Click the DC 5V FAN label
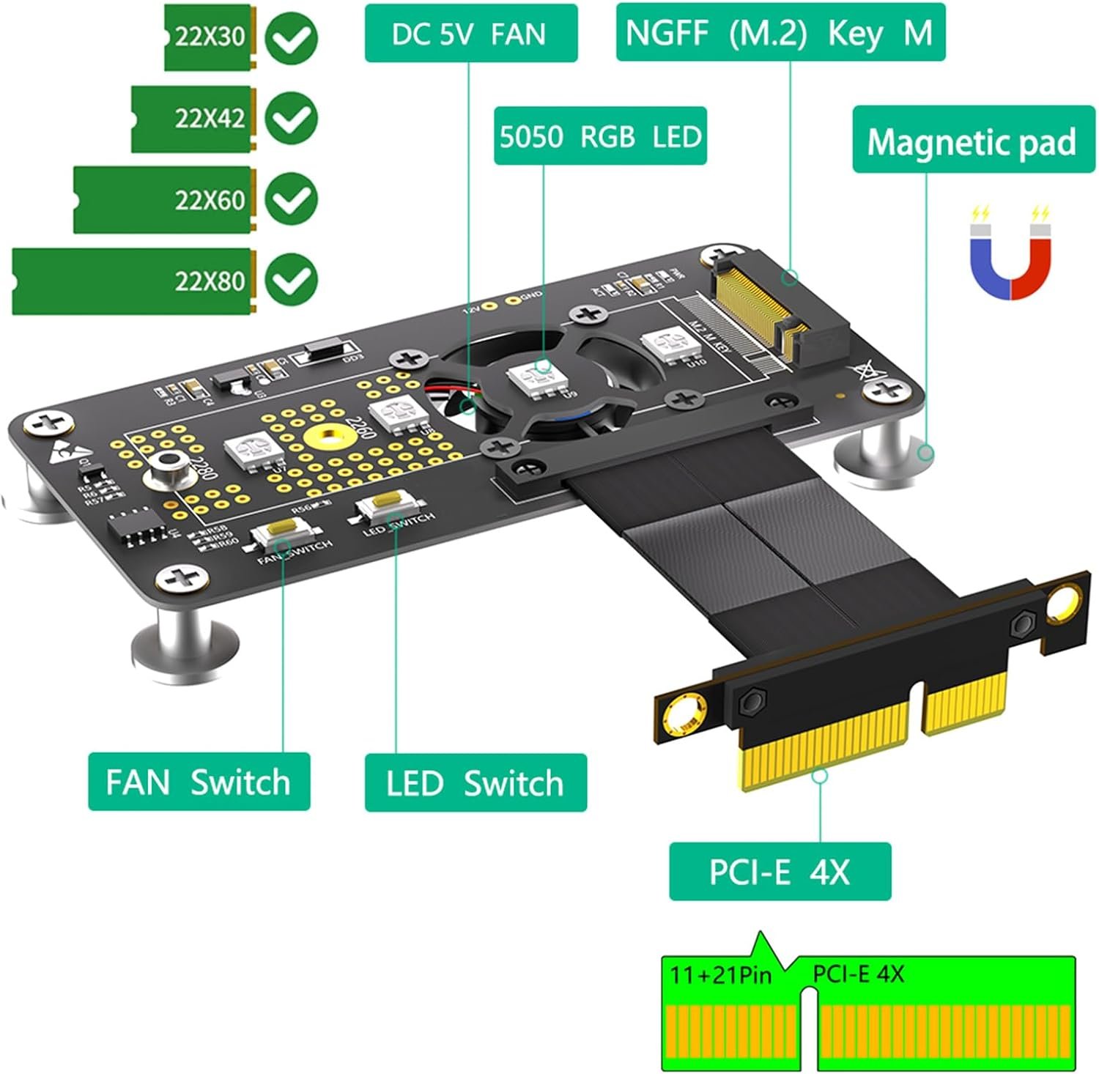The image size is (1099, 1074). [470, 34]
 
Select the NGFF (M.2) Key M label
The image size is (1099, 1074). [780, 33]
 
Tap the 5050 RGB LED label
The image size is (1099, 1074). [599, 136]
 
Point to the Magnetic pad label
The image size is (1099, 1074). [972, 142]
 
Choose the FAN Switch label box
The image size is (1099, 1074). [199, 782]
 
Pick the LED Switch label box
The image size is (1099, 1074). [476, 783]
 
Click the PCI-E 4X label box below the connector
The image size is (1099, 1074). [780, 872]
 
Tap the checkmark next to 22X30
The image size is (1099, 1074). [291, 37]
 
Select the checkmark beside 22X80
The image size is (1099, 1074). [291, 279]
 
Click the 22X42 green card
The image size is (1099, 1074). [193, 119]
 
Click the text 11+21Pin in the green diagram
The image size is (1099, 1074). [721, 976]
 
